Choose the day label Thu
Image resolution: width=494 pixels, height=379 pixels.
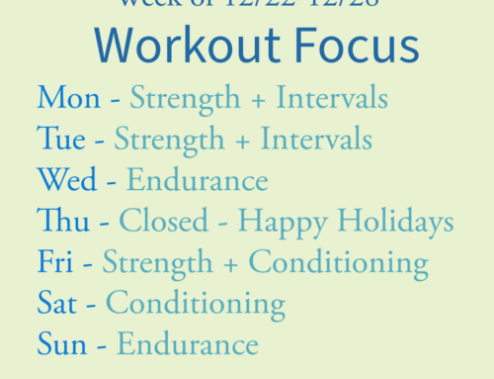click(61, 221)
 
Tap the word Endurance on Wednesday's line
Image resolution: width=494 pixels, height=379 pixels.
click(197, 180)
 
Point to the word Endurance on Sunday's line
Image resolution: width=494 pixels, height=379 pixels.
click(187, 343)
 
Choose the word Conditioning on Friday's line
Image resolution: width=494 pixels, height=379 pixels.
click(338, 263)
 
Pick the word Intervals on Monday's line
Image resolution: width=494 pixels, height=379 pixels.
click(332, 98)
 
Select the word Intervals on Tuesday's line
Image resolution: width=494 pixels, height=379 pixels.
click(316, 140)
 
